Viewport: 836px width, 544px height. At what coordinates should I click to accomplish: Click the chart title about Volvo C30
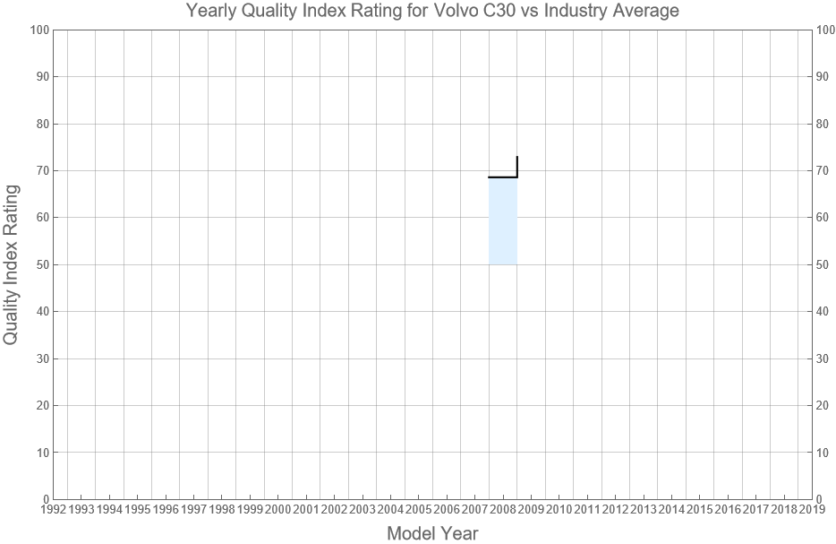(x=432, y=11)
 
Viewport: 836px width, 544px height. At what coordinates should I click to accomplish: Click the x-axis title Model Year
(x=432, y=533)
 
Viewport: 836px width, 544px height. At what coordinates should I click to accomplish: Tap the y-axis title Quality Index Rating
(x=12, y=264)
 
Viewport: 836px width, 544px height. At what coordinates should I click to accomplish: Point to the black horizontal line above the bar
(x=503, y=177)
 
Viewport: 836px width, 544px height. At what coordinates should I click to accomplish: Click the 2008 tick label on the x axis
(x=503, y=509)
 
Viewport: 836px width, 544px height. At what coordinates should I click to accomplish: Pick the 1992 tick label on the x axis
(x=53, y=509)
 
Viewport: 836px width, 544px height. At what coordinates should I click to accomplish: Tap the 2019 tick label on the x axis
(x=812, y=509)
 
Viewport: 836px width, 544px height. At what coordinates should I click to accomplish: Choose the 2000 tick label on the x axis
(x=277, y=509)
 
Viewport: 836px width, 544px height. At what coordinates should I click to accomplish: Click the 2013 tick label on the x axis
(x=644, y=509)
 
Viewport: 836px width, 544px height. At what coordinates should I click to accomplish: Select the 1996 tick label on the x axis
(x=166, y=509)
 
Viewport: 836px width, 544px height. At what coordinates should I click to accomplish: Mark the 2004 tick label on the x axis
(x=390, y=509)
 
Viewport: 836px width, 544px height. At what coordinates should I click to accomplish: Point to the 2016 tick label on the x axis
(x=728, y=509)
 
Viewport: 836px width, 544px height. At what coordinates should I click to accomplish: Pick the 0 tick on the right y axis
(x=821, y=499)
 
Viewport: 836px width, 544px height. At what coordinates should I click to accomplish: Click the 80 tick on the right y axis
(x=824, y=124)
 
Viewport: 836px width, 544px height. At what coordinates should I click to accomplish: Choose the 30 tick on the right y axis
(x=824, y=358)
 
